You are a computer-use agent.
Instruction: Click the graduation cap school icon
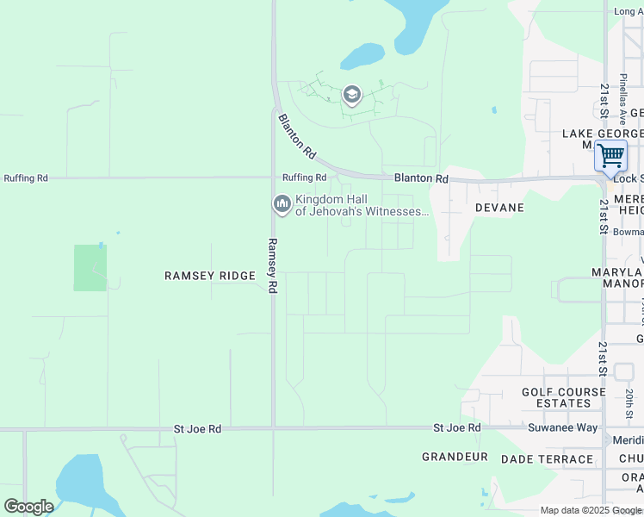click(351, 94)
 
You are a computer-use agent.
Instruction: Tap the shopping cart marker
click(610, 156)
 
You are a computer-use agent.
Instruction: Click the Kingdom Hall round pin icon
click(282, 204)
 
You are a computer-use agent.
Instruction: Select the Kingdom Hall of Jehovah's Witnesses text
click(362, 205)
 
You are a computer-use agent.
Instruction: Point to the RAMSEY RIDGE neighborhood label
click(210, 276)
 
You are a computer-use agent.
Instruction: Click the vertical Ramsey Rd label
click(272, 266)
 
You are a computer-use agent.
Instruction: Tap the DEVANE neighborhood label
click(499, 208)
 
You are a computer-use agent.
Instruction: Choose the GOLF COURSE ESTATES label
click(564, 397)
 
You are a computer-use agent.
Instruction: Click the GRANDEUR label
click(455, 457)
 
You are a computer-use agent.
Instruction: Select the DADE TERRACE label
click(547, 459)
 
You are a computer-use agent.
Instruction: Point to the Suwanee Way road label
click(563, 427)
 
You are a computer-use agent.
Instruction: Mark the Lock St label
click(628, 178)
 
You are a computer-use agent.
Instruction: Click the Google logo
click(28, 507)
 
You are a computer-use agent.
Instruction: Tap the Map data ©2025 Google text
click(591, 511)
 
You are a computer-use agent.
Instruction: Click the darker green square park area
click(90, 267)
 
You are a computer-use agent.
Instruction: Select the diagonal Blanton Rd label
click(296, 137)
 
